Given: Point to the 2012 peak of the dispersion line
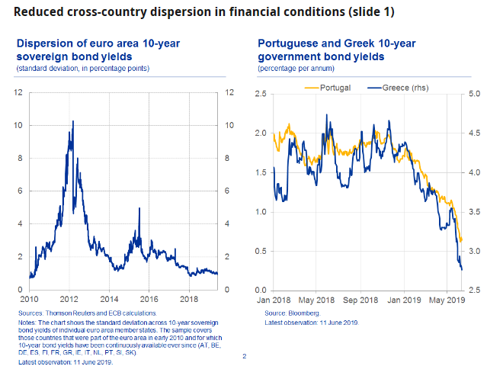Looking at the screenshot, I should [x=72, y=121].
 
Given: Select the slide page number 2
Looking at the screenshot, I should [x=244, y=356].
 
